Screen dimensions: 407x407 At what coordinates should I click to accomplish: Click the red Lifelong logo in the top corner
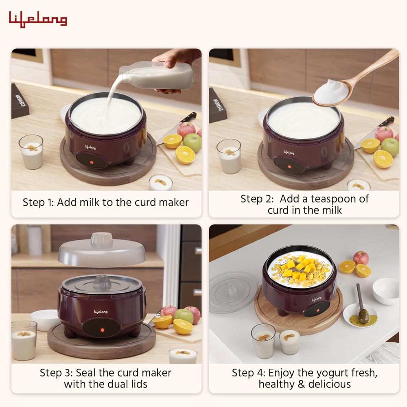(38, 20)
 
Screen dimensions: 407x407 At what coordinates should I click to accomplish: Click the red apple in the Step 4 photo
(361, 258)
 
